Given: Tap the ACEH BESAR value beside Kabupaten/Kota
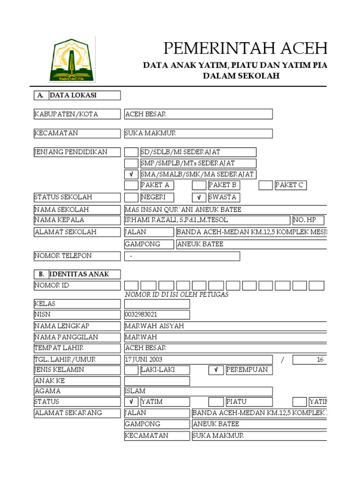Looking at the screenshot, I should click(x=145, y=114).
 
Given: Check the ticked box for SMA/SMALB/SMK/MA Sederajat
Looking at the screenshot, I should click(x=131, y=174).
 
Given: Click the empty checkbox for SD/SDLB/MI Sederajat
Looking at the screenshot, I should click(x=131, y=152).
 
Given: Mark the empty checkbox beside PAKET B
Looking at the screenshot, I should click(x=199, y=185).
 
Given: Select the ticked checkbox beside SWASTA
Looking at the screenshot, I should click(x=199, y=197).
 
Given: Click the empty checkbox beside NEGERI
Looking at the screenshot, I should click(x=131, y=197).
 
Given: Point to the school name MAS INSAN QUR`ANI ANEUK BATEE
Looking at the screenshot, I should click(x=183, y=210).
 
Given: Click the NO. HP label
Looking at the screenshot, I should click(x=305, y=220).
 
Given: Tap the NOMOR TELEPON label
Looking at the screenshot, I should click(x=63, y=256).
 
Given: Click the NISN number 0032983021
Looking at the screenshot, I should click(x=141, y=315).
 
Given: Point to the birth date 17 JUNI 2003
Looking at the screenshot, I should click(x=144, y=360).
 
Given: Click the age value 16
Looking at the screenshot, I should click(x=320, y=360).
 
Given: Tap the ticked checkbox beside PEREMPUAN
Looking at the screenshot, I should click(x=216, y=370).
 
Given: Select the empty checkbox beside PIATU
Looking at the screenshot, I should click(x=216, y=402).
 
